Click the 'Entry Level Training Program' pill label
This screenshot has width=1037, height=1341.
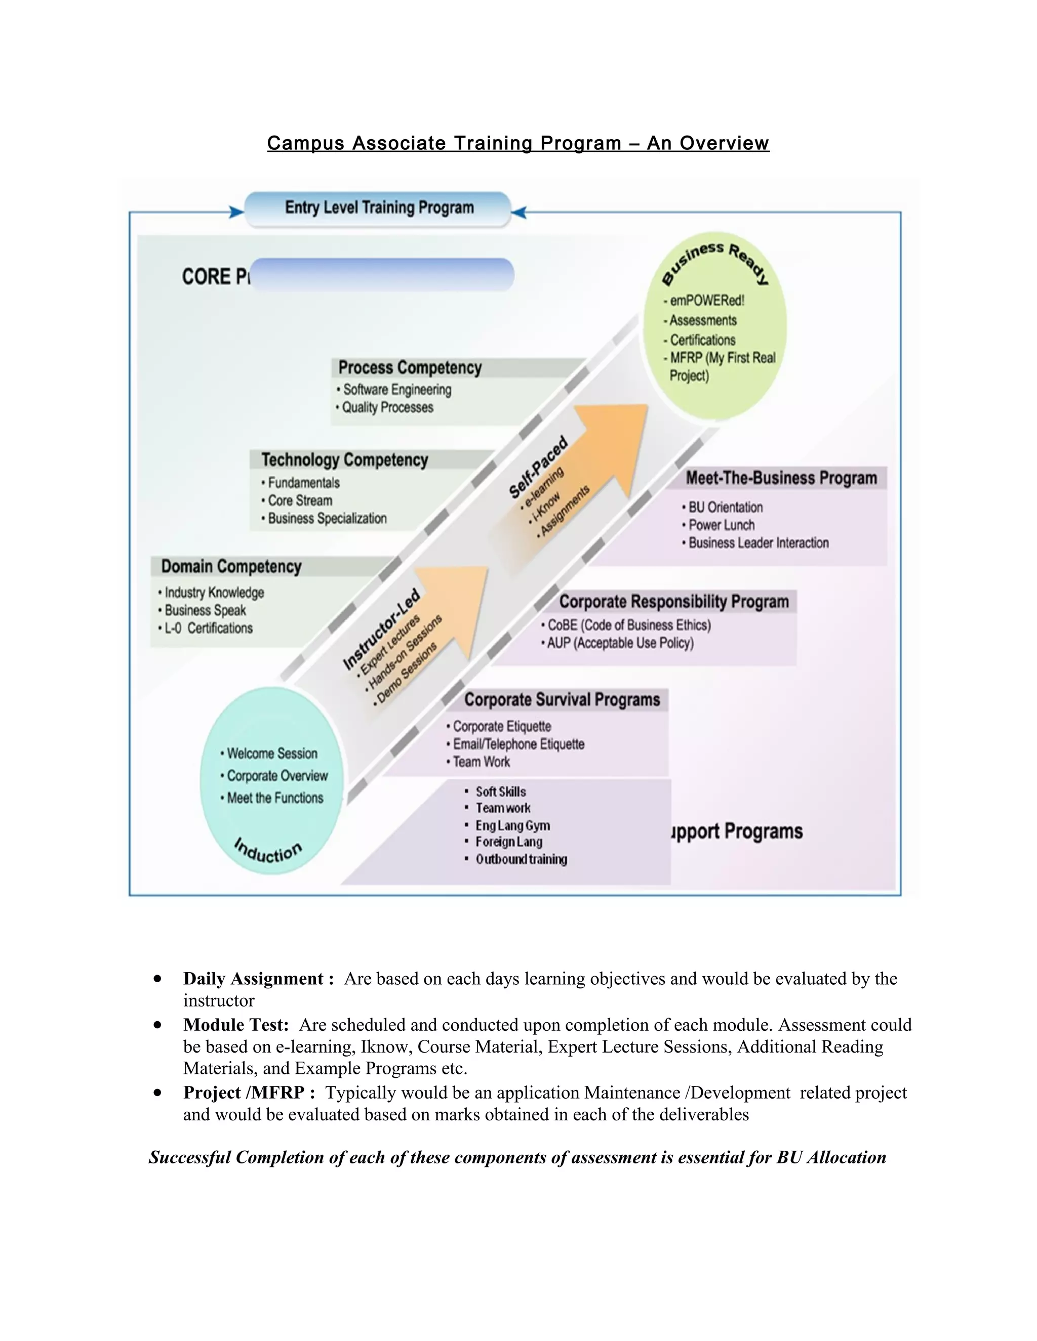pos(379,208)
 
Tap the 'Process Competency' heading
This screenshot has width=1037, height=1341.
pos(410,368)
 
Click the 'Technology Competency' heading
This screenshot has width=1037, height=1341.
pos(345,460)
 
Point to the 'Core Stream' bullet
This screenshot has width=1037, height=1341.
pos(300,500)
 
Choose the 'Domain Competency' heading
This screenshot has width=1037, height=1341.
pos(231,566)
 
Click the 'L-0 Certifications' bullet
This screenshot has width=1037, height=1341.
pos(208,628)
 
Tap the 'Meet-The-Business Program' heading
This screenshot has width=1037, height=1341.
pos(781,478)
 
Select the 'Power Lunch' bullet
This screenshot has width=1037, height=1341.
pos(721,525)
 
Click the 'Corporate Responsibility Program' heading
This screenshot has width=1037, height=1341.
pos(673,601)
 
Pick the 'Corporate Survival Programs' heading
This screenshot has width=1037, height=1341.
pos(562,700)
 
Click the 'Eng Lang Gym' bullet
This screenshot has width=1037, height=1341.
pos(512,825)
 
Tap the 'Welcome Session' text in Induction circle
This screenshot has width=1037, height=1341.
pos(272,753)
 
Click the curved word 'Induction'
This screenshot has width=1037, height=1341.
pos(268,851)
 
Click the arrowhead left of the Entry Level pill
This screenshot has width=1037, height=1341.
pos(236,213)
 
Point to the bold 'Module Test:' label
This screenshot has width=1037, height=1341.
pos(236,1025)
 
